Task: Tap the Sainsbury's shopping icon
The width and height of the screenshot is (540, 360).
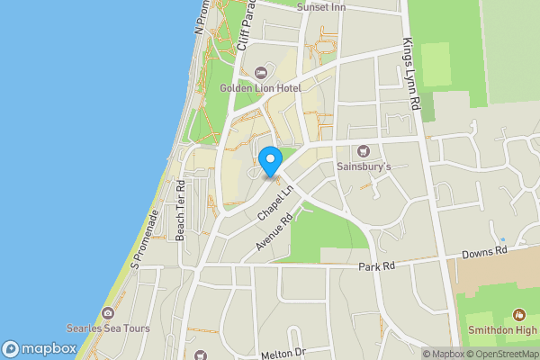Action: click(364, 151)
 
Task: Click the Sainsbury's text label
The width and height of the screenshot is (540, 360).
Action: click(364, 166)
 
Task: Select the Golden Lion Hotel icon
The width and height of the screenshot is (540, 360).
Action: click(262, 72)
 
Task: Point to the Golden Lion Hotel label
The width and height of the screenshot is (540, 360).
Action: click(261, 88)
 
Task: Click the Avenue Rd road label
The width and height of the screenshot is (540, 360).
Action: click(274, 232)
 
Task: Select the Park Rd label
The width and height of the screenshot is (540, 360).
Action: click(376, 267)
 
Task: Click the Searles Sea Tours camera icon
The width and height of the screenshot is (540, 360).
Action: click(108, 313)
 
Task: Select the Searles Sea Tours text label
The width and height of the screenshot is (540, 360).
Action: click(108, 328)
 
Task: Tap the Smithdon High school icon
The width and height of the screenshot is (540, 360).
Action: click(518, 315)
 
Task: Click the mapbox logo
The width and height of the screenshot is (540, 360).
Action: click(39, 348)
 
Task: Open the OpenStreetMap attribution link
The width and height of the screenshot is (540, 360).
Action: click(504, 354)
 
